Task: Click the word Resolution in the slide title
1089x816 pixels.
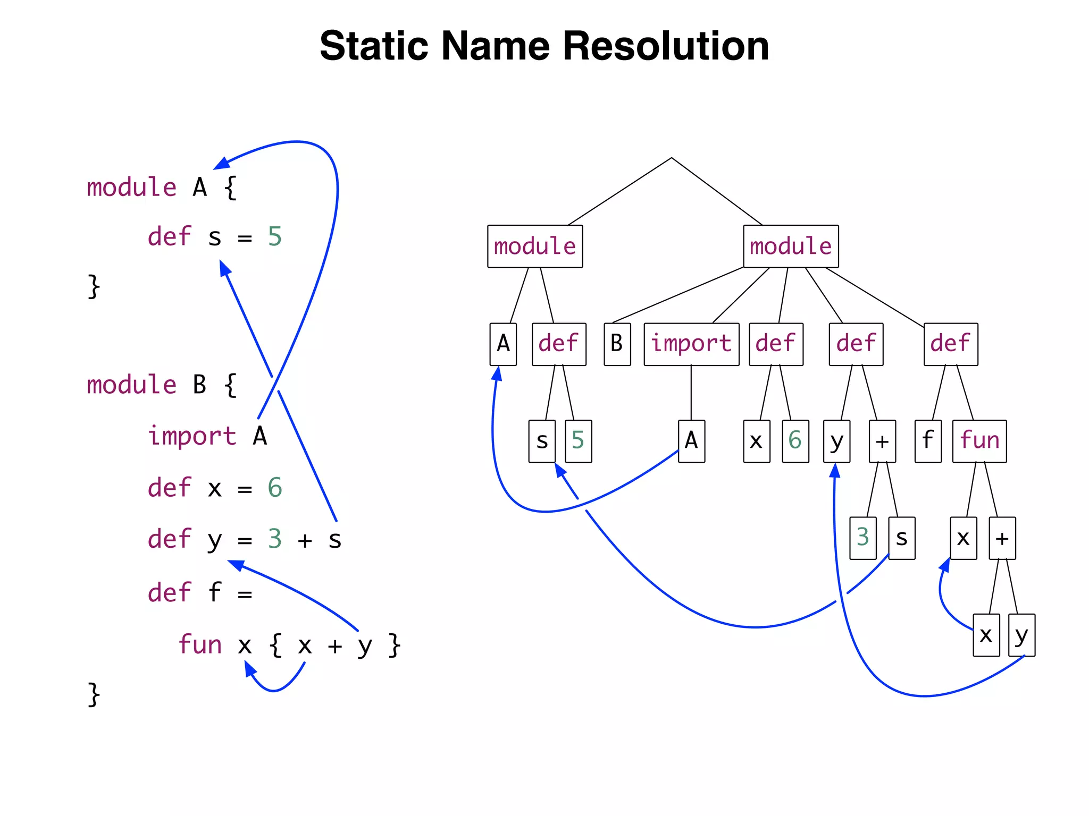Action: coord(665,46)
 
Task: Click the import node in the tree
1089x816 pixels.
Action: coord(691,344)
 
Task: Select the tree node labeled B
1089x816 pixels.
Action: coord(617,344)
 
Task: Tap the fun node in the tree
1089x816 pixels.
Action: coord(979,441)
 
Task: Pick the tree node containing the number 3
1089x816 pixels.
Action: coord(862,538)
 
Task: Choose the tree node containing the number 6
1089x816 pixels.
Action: coord(795,441)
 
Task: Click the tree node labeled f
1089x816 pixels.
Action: coord(928,441)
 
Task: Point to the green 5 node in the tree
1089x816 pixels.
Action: coord(578,441)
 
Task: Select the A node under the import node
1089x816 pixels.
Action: coord(691,441)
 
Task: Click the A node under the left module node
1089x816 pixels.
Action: coord(503,344)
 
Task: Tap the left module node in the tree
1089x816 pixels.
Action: coord(535,246)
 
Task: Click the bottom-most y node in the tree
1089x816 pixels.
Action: coord(1021,635)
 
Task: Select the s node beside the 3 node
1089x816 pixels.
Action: coord(901,538)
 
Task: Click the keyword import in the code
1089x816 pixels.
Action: coord(192,436)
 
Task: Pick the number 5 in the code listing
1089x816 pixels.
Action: coord(274,237)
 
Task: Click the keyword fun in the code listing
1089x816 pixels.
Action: coord(200,644)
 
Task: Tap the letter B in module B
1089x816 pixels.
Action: coord(199,385)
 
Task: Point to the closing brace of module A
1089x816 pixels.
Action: coord(94,286)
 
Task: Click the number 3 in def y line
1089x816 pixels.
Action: coord(274,539)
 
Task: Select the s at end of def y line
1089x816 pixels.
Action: coord(334,540)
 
